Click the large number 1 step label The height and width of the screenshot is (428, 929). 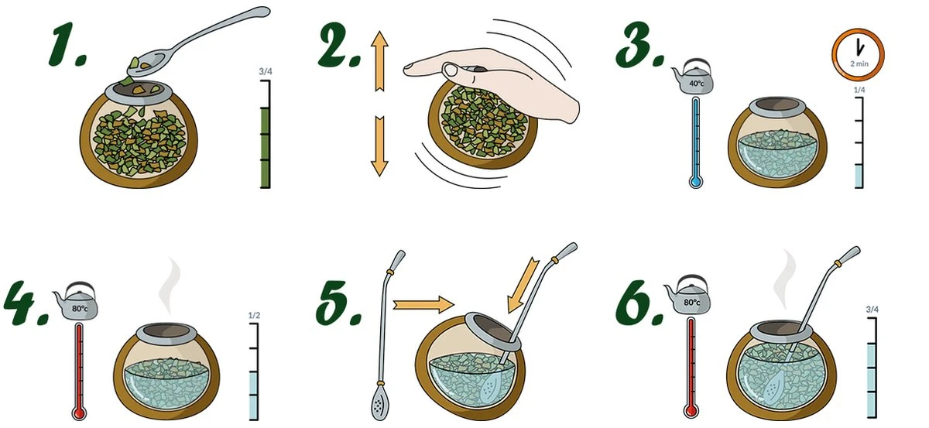click(64, 46)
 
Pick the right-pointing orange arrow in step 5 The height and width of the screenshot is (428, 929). click(422, 304)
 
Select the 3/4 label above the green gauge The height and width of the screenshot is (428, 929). click(266, 72)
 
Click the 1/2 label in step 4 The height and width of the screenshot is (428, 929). click(253, 315)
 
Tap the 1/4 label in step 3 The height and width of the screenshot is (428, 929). click(859, 91)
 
